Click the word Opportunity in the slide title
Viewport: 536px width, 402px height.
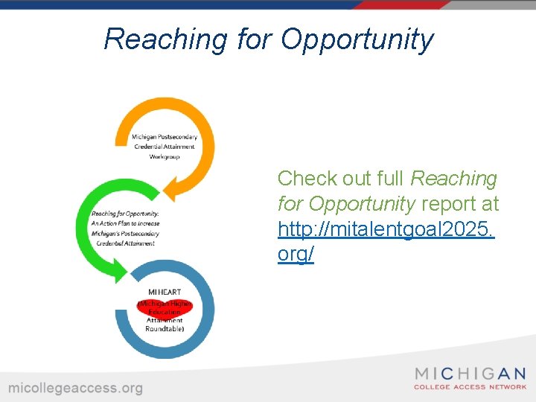pos(357,39)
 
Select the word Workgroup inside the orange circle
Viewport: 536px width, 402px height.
pos(165,156)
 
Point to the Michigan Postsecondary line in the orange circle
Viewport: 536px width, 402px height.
pos(164,136)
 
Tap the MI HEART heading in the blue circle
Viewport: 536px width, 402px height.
pos(165,292)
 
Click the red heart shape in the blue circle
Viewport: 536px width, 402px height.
pos(165,307)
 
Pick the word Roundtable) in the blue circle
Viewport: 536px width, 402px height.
pos(165,328)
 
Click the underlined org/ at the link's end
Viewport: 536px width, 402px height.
pos(296,255)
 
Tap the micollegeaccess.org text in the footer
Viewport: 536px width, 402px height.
pos(75,388)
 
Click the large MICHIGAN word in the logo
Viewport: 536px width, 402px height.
pos(470,374)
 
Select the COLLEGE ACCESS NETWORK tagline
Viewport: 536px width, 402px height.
pos(470,387)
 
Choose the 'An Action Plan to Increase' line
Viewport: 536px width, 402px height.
pos(125,223)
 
